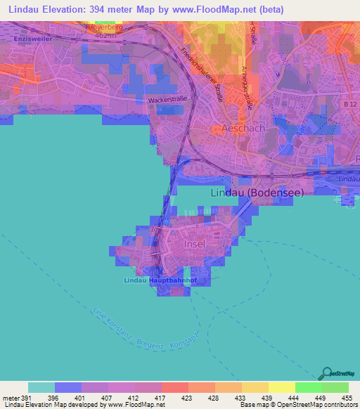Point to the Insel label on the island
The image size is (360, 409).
(x=194, y=244)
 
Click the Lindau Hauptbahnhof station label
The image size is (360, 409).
(x=158, y=280)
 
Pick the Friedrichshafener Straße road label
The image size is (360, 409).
(x=202, y=74)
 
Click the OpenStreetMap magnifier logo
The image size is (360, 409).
(x=326, y=373)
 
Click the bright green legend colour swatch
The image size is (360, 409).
(x=308, y=387)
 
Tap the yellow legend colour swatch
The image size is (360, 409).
(x=281, y=387)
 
